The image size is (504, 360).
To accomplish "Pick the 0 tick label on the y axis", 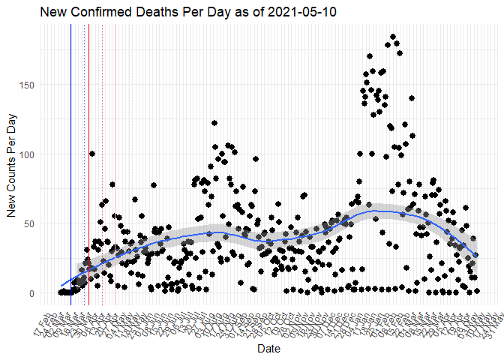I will point(31,293).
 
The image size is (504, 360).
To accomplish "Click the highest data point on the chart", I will point(393,37).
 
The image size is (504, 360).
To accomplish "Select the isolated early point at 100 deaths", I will point(92,154).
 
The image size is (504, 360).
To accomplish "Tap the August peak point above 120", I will point(214,123).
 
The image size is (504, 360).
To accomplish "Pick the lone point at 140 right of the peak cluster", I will point(411,98).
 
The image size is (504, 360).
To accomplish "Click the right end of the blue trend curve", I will point(476,256).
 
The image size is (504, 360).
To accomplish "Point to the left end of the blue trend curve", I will point(61,286).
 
